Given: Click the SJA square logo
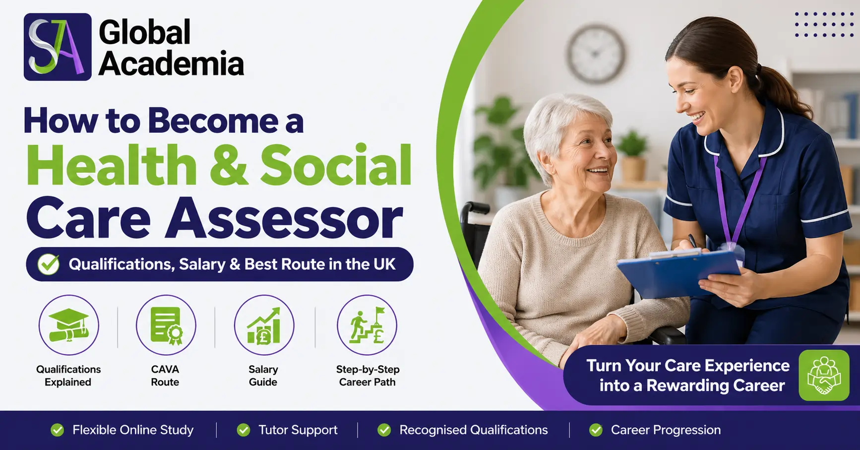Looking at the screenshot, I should click(58, 47).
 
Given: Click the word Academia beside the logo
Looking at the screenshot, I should click(171, 64).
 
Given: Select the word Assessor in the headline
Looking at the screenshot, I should click(284, 219).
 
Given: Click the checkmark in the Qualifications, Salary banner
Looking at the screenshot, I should click(49, 264).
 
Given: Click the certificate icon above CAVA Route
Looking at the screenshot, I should click(166, 325).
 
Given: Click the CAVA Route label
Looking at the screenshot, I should click(165, 376).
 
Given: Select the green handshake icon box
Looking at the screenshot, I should click(824, 375).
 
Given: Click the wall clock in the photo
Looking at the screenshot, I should click(596, 54).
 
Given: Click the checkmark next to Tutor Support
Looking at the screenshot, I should click(244, 430).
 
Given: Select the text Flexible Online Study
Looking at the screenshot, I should click(133, 430).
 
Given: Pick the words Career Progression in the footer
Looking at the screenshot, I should click(666, 430).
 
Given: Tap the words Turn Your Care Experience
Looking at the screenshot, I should click(688, 366).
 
